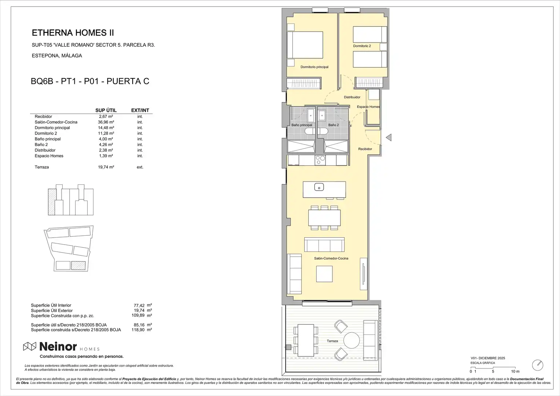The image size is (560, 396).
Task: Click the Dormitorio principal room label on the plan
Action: [314, 67]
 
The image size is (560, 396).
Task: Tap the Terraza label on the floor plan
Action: [332, 341]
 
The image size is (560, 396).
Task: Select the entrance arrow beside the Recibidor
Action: [388, 137]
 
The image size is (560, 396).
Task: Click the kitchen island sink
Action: [319, 187]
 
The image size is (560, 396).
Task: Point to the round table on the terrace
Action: [351, 340]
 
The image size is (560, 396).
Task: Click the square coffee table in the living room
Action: [324, 274]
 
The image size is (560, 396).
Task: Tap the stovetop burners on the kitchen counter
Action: [320, 160]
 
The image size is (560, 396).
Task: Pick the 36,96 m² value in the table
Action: [106, 122]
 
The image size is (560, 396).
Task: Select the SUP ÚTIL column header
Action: [106, 110]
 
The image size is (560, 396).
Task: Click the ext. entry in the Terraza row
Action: [140, 167]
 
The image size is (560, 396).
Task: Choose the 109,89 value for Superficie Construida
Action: [138, 315]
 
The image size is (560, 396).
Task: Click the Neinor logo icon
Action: [29, 346]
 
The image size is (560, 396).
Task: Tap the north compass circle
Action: [538, 365]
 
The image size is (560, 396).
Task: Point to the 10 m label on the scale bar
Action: [515, 371]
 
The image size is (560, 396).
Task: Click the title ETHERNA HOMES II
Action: [73, 33]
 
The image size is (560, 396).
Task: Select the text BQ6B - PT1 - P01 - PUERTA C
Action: [90, 81]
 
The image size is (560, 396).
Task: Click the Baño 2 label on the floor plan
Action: [334, 125]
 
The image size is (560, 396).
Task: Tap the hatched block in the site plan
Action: [78, 265]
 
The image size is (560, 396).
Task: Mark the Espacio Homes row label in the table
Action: [49, 156]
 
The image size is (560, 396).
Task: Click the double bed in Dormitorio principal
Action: [305, 45]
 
